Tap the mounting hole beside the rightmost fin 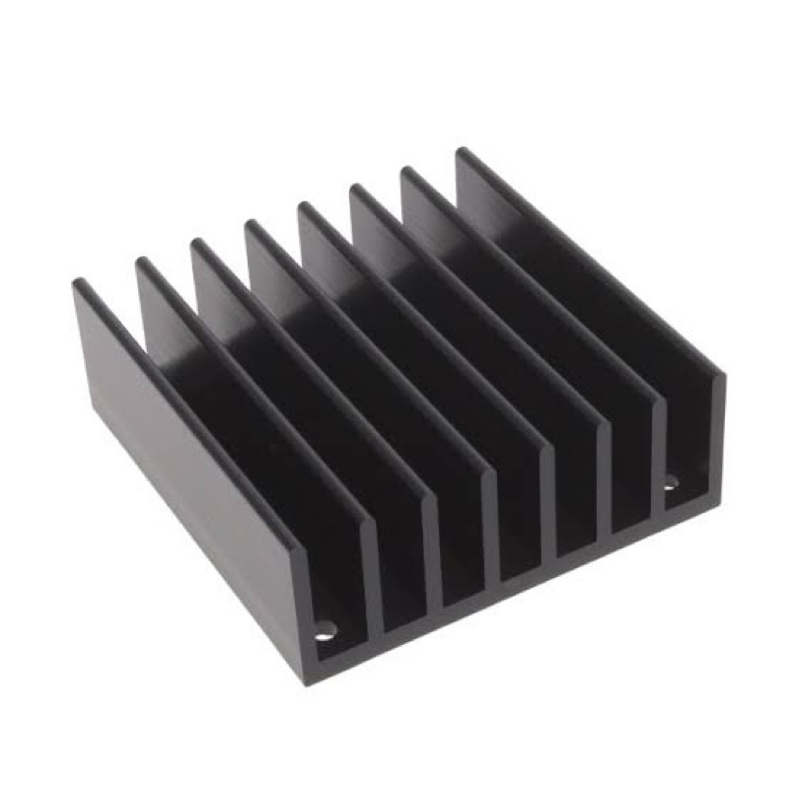[x=672, y=483]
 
